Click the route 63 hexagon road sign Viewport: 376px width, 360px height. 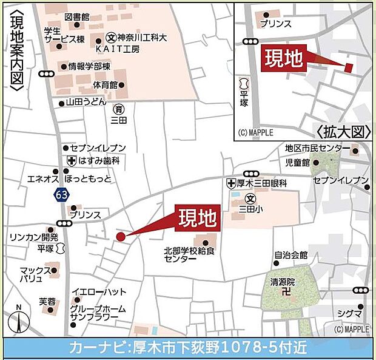[x=60, y=195]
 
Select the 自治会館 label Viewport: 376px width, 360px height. [x=290, y=255]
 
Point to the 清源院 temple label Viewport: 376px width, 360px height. [x=283, y=282]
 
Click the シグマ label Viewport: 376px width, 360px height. [x=352, y=313]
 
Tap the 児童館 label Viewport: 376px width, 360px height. [x=298, y=163]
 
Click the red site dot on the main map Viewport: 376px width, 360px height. [x=120, y=236]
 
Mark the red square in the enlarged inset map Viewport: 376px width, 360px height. [x=348, y=67]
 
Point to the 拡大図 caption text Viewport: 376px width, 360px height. [x=343, y=131]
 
